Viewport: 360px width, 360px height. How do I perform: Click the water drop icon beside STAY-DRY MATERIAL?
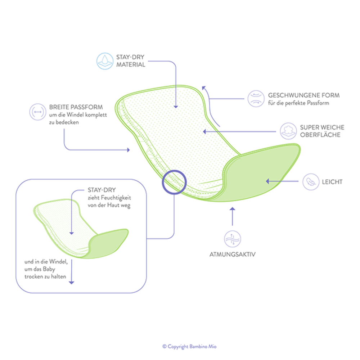pos(105,61)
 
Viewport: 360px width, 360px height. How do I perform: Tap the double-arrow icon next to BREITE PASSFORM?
pos(38,112)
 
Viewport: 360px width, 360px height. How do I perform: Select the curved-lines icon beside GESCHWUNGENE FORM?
pos(256,99)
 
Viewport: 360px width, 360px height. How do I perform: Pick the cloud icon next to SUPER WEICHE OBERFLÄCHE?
pos(288,131)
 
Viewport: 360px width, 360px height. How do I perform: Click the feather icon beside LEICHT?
pos(311,181)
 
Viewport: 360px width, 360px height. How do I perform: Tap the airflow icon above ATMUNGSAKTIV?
pos(232,239)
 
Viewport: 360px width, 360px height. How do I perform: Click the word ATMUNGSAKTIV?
pos(232,255)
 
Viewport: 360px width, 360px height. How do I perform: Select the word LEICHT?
pos(332,182)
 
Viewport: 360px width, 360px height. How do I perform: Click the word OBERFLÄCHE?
pos(320,135)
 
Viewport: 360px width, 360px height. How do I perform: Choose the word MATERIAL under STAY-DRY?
pos(131,65)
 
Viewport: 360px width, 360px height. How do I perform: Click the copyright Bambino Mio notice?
pos(189,346)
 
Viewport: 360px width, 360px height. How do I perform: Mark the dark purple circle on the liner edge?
pos(174,182)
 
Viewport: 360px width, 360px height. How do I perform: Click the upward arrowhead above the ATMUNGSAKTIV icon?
pos(232,209)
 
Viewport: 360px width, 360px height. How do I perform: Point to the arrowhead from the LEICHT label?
pos(267,181)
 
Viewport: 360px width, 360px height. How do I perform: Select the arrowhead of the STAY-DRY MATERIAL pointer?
pos(176,107)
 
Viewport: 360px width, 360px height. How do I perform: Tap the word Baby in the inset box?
pos(49,269)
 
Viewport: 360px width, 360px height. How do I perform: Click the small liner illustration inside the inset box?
pos(81,229)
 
